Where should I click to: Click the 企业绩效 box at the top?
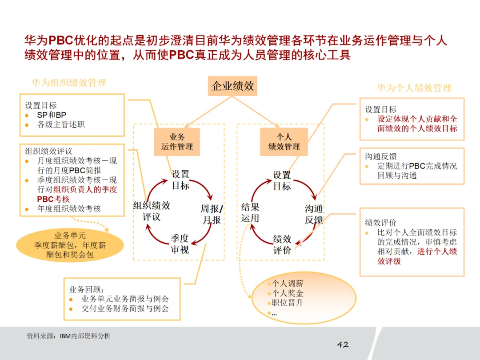click(x=232, y=86)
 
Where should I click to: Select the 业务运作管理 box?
click(x=177, y=142)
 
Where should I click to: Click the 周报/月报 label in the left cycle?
click(x=212, y=214)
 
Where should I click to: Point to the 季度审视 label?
click(x=180, y=244)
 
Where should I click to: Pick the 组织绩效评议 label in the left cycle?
click(x=152, y=211)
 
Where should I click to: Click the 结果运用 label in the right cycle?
click(x=250, y=212)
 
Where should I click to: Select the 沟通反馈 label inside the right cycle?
click(x=314, y=214)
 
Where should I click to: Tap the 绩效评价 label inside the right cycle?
click(x=282, y=244)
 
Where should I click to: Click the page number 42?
click(x=343, y=344)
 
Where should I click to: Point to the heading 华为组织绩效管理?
click(x=69, y=83)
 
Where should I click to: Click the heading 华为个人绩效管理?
click(x=414, y=88)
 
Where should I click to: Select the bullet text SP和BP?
click(x=52, y=115)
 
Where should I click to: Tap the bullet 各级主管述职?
click(x=61, y=124)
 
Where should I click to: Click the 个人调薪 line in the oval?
click(x=288, y=283)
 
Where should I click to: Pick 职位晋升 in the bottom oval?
click(x=288, y=303)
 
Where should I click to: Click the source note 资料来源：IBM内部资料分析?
click(x=68, y=336)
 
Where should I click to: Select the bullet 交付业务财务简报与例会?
click(x=125, y=308)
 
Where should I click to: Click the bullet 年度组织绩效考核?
click(x=69, y=208)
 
